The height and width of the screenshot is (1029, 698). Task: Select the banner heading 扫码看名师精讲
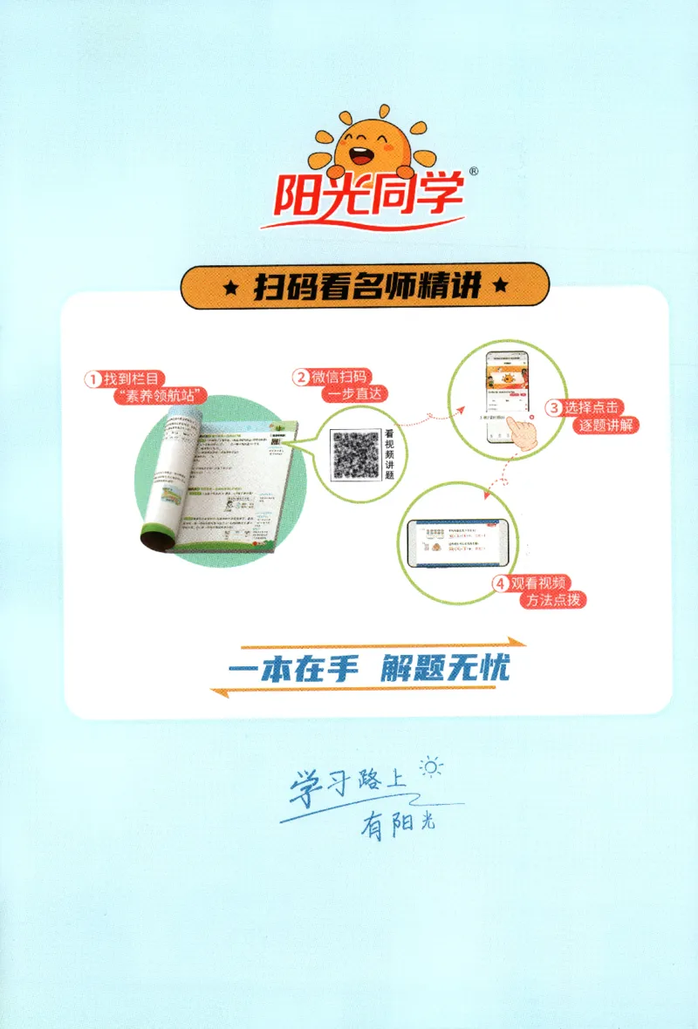coord(365,286)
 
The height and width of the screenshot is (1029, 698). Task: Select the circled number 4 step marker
coord(501,584)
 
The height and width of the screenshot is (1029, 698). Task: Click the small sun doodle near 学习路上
coord(431,767)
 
